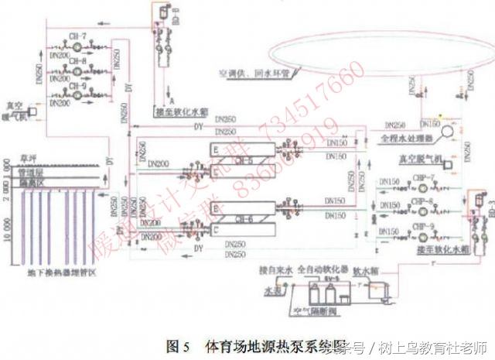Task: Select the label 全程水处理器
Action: (408, 143)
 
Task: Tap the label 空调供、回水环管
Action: (254, 75)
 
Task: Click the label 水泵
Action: (271, 293)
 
